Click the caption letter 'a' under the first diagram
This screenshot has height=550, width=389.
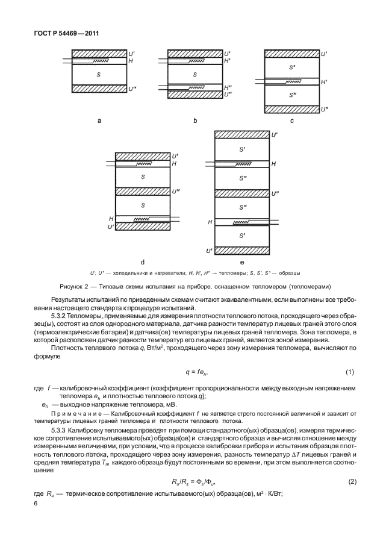tap(99, 120)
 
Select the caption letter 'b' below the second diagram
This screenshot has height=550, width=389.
tap(195, 120)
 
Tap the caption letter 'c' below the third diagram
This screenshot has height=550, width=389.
tap(291, 120)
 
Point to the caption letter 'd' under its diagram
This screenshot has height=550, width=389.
tap(142, 262)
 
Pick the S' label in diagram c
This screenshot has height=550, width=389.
tap(291, 67)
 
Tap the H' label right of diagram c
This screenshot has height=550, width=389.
tap(323, 81)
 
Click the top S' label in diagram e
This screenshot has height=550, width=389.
tap(241, 148)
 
